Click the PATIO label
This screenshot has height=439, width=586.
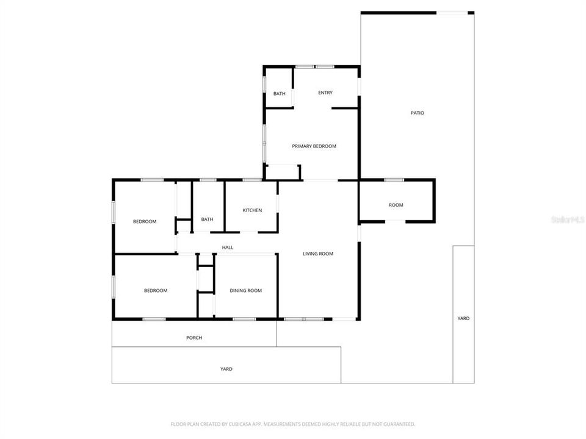pos(417,113)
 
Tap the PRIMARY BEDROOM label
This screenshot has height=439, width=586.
pos(314,146)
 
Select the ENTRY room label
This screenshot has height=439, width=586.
pos(325,93)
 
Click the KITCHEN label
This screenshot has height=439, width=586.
pos(252,210)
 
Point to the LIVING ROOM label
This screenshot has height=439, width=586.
pos(318,254)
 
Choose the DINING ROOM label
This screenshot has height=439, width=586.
pos(245,291)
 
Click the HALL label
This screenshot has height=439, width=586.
pos(228,248)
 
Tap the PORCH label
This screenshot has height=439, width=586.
pos(194,338)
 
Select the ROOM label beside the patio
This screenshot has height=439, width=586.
pos(396,205)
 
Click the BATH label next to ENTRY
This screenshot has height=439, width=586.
pos(279,94)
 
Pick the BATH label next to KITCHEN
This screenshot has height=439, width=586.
pos(208,220)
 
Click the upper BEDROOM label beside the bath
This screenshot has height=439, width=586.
pos(145,221)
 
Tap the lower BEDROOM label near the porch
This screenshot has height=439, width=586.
pos(156,291)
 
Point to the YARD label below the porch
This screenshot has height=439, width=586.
pos(226,369)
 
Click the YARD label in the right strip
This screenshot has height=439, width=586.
pos(464,318)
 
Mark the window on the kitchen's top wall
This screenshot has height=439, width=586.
pos(252,180)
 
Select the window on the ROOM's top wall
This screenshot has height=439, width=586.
pos(394,180)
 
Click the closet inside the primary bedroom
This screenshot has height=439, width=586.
pos(283,172)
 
